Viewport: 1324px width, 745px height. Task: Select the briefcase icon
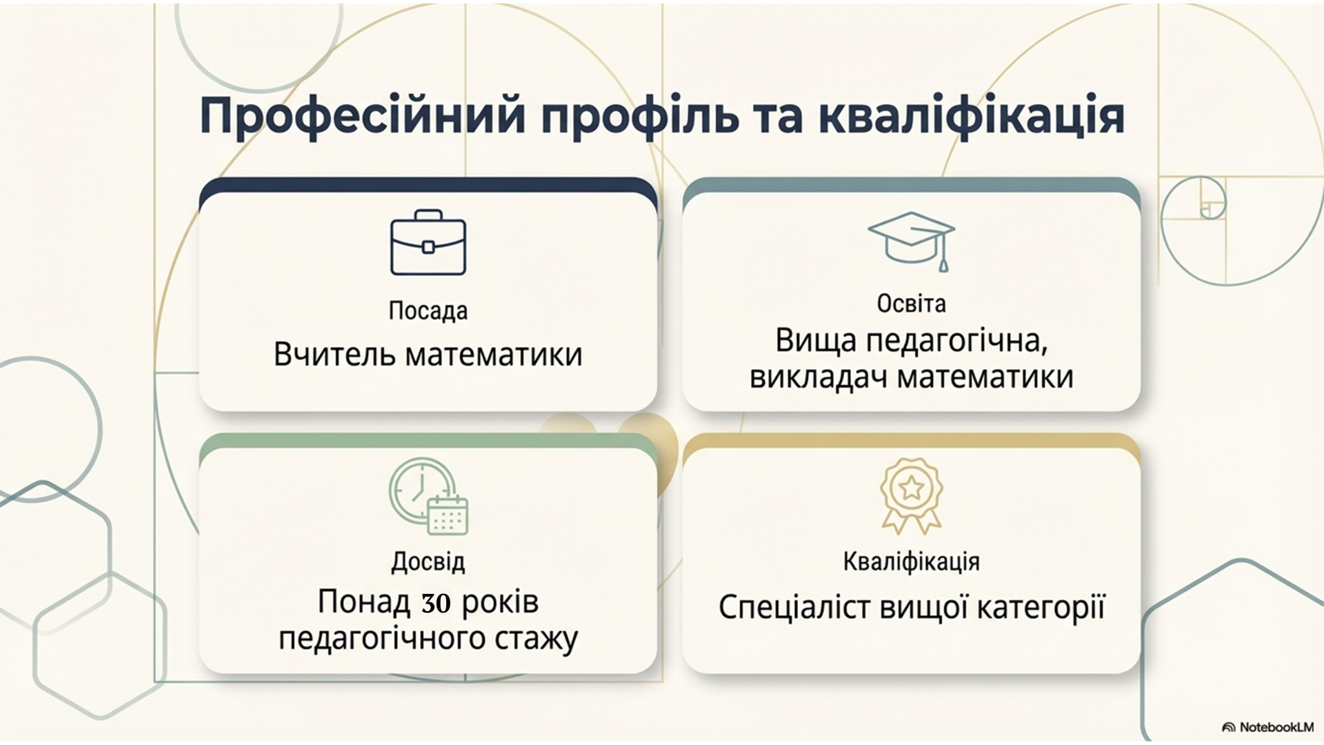[428, 243]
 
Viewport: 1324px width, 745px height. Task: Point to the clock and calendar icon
[428, 497]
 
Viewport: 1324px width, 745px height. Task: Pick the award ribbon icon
[911, 496]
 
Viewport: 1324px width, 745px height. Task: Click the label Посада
[428, 310]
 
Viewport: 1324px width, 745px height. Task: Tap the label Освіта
[912, 304]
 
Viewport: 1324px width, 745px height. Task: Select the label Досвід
[428, 562]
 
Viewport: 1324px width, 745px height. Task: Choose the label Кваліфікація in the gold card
[911, 562]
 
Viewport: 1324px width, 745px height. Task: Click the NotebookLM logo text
[1276, 727]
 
